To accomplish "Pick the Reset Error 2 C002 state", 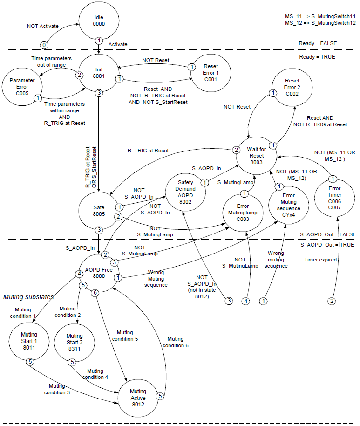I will pos(292,87).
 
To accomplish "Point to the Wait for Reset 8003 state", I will pos(257,155).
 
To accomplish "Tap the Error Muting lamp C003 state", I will pos(242,212).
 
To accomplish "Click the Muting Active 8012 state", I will pos(138,398).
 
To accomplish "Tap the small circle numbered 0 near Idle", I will pos(44,45).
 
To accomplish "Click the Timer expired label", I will pos(320,260).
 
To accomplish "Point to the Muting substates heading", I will pos(28,296).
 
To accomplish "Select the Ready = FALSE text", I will pos(318,43).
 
